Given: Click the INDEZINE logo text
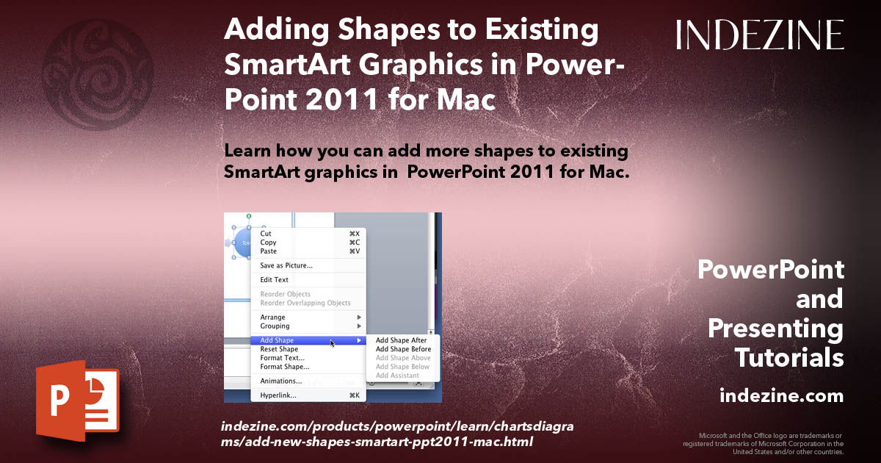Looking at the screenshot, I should (x=760, y=35).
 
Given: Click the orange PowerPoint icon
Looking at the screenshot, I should (x=76, y=400).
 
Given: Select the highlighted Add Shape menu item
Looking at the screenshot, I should (x=277, y=340).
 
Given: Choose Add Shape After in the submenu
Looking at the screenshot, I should (x=401, y=340).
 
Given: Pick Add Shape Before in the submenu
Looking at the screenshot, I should (x=403, y=349).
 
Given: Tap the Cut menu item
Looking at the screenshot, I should (x=266, y=234).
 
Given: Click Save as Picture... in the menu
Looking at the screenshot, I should (x=286, y=265).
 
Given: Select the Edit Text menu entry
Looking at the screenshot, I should (x=275, y=280).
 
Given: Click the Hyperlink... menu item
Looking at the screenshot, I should (x=278, y=395).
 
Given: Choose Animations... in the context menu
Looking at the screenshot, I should (x=281, y=381).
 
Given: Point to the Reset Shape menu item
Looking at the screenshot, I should (x=279, y=349).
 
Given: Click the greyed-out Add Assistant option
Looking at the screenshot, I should (x=397, y=376).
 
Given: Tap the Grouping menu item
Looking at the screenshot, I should (x=275, y=326).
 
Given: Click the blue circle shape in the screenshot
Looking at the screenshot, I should (x=242, y=243).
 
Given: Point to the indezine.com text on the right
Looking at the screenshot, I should (x=781, y=396).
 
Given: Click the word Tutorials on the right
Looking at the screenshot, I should (x=788, y=358).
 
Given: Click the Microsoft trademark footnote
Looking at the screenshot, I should (x=763, y=443).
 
